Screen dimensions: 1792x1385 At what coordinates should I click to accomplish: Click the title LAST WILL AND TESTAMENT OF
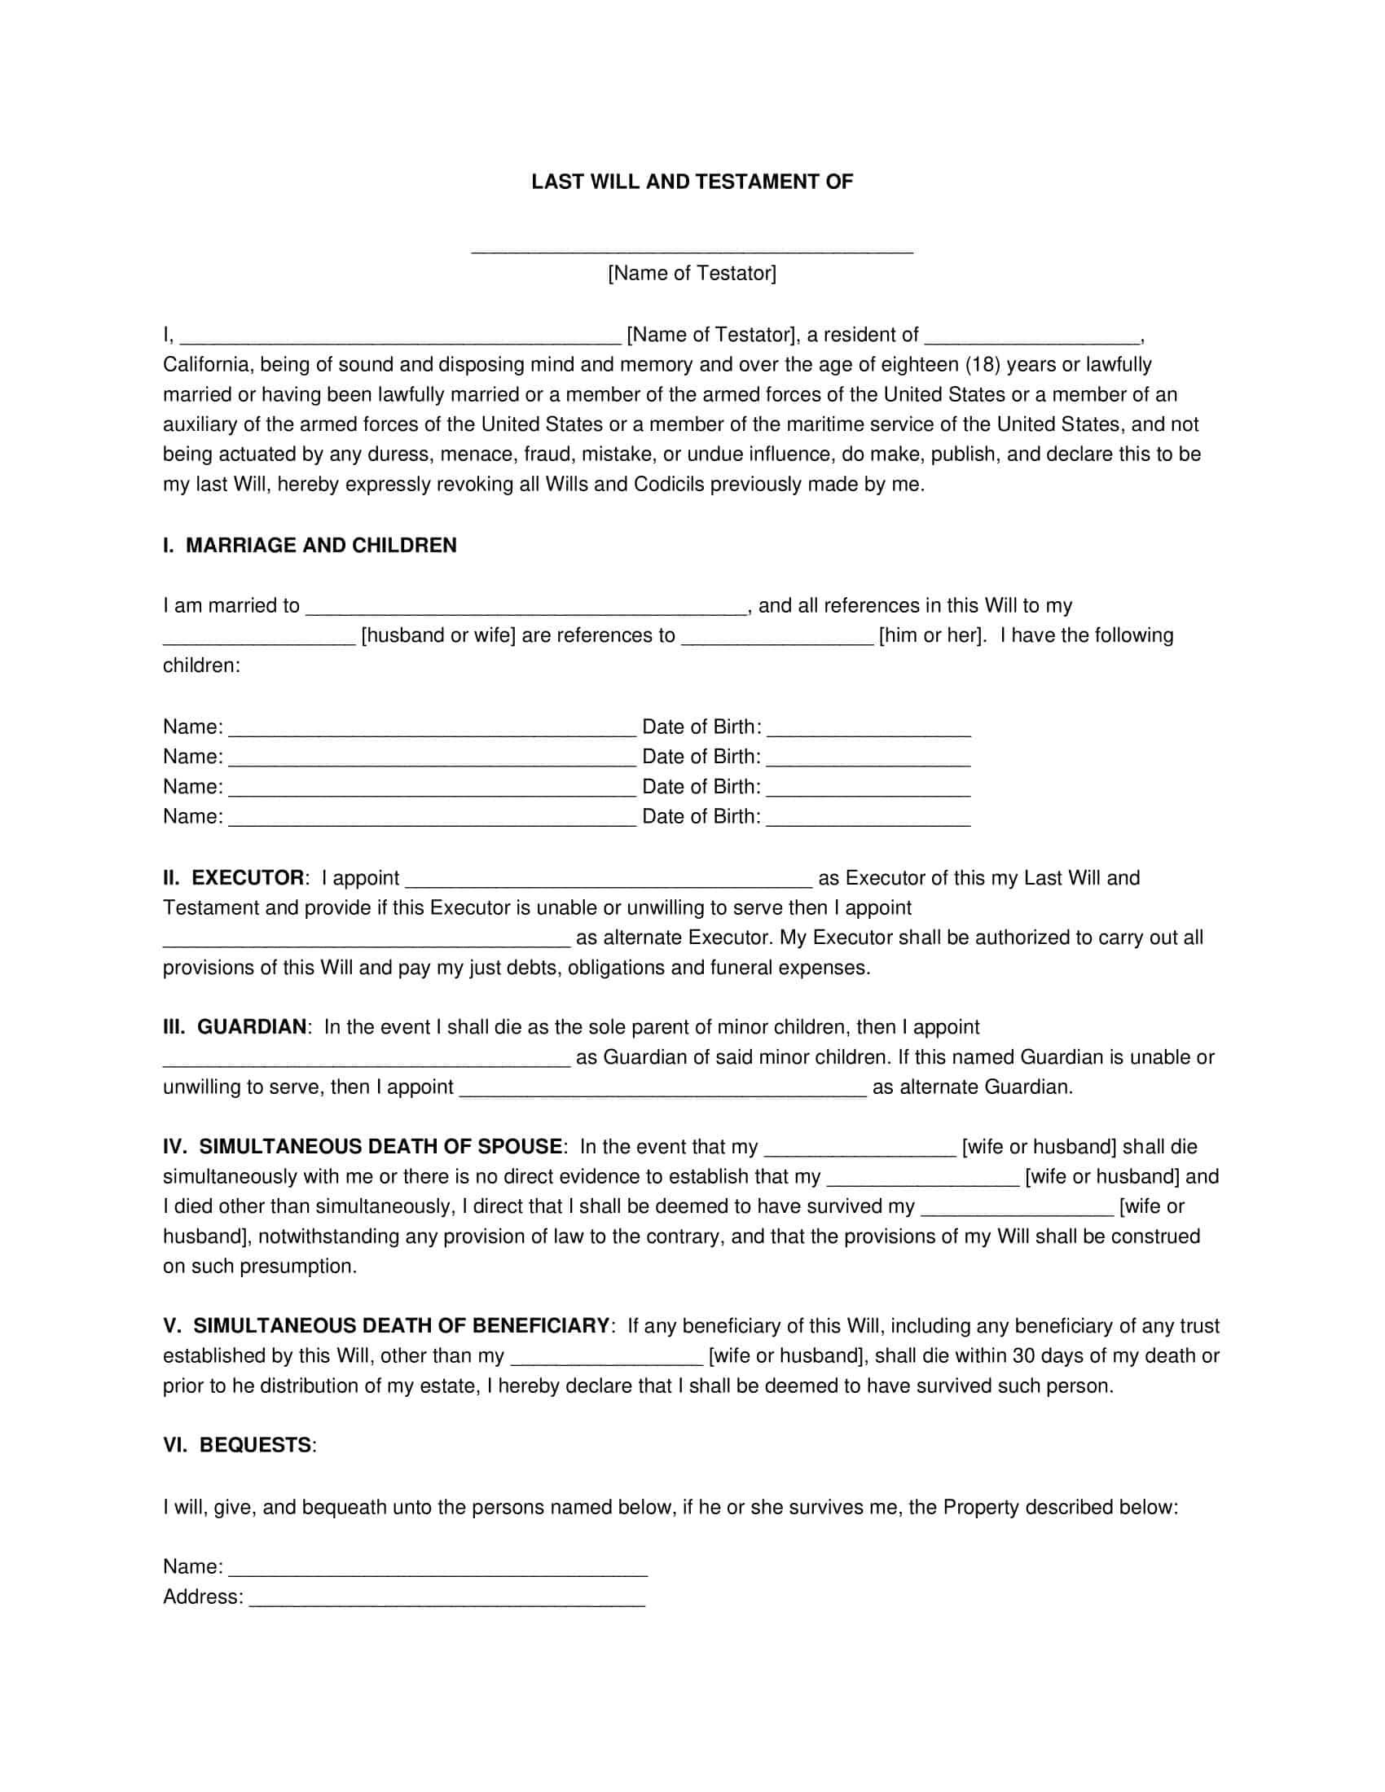click(x=692, y=182)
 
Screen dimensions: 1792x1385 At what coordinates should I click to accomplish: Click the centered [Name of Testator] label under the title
click(x=692, y=273)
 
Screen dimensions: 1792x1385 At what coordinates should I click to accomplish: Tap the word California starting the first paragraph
click(x=209, y=364)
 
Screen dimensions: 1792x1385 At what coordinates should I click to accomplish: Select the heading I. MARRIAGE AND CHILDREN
click(x=310, y=546)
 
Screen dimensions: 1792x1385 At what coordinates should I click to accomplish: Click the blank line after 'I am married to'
click(x=526, y=608)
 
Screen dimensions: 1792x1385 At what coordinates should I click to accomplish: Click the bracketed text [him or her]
click(x=932, y=635)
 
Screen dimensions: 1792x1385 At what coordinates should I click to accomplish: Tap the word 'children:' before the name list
click(x=201, y=665)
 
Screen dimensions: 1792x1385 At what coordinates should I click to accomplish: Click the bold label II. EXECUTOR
click(x=233, y=878)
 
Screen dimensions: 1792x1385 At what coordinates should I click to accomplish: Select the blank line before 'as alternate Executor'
click(x=366, y=941)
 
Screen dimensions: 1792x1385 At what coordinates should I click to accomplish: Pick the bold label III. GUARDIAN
click(x=235, y=1027)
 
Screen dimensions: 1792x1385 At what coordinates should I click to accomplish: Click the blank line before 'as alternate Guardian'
click(x=663, y=1091)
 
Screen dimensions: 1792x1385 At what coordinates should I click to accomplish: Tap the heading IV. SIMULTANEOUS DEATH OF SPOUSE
click(x=363, y=1147)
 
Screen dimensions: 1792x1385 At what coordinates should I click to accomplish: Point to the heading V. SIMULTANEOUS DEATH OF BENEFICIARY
click(x=385, y=1326)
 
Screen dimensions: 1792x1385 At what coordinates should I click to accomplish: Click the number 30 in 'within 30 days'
click(x=1024, y=1355)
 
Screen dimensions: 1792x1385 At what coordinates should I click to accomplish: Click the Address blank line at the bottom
click(x=447, y=1600)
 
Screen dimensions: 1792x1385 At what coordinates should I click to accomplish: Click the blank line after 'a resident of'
click(x=1032, y=338)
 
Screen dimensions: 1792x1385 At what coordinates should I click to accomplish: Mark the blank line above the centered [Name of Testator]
click(x=692, y=248)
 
